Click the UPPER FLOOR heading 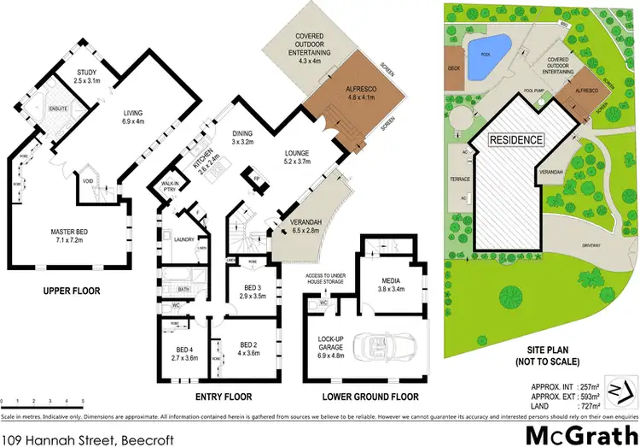(72, 291)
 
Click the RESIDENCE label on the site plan (515, 139)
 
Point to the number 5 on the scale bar (83, 400)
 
